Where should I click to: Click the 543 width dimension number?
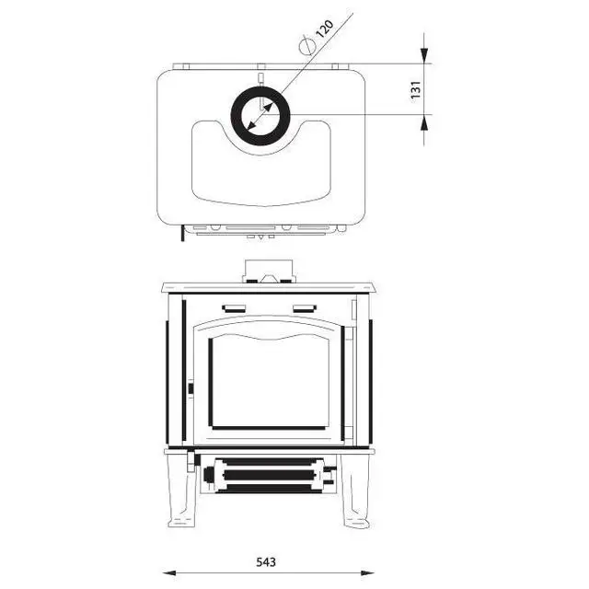[x=266, y=562]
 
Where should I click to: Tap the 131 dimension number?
[x=416, y=90]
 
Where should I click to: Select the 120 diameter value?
[x=324, y=29]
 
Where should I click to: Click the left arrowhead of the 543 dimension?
[x=169, y=572]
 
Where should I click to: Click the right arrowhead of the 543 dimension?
[x=367, y=572]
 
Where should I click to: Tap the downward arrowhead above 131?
[x=424, y=55]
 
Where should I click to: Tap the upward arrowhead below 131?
[x=424, y=122]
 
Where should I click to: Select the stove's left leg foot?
[x=181, y=523]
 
